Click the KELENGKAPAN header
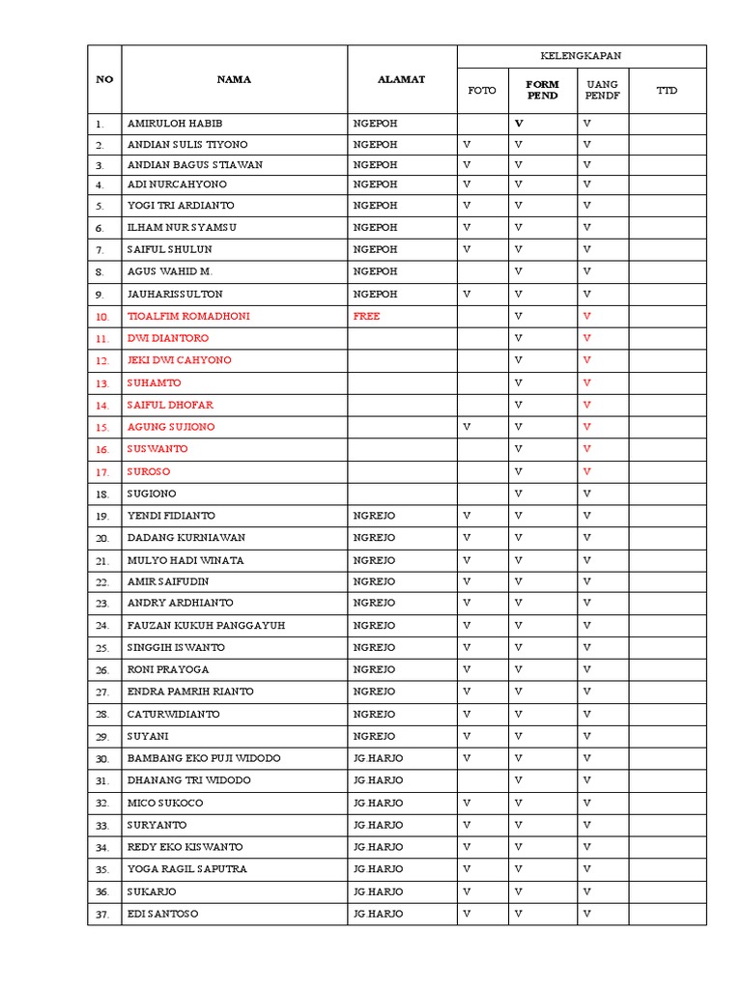(x=582, y=56)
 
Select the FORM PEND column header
(x=542, y=90)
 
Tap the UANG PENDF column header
(x=602, y=90)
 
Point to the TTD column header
(x=667, y=91)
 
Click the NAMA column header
(x=234, y=79)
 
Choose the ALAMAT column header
(x=401, y=79)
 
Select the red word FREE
(x=367, y=316)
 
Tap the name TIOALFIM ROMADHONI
(x=183, y=316)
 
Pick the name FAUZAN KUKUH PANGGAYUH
(x=206, y=625)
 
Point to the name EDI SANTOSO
(x=162, y=914)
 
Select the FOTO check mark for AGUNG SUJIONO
(x=467, y=427)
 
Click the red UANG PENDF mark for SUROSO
(x=586, y=471)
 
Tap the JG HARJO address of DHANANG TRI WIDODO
(x=378, y=779)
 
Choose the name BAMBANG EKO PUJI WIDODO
(x=204, y=758)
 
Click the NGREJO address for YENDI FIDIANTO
(x=374, y=516)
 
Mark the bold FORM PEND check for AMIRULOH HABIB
(x=519, y=124)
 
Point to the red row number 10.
(x=102, y=317)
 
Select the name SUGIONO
(x=152, y=494)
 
